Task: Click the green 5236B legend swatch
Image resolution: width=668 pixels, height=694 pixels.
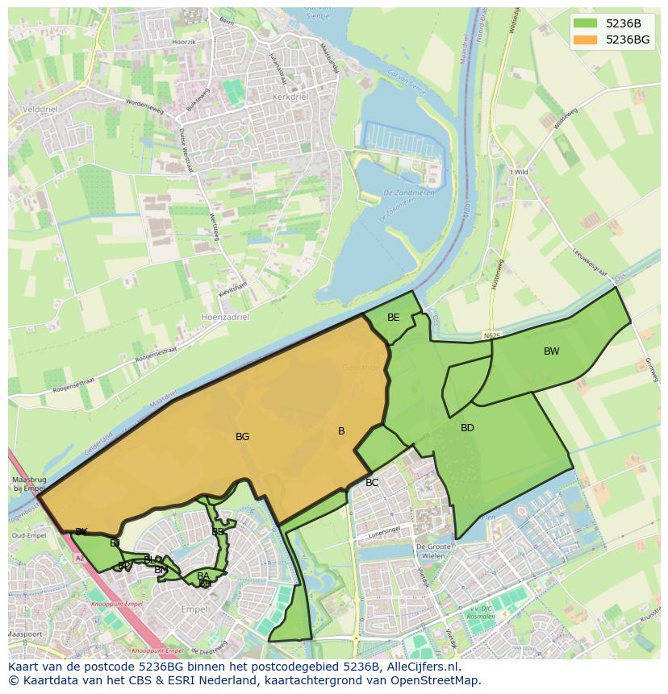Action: (585, 23)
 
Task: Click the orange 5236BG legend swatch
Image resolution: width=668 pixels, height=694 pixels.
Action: (585, 39)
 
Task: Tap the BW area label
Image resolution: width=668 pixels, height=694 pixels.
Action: (551, 351)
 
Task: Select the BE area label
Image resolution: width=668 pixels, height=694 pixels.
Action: (393, 318)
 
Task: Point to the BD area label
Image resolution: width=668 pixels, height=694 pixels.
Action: (467, 428)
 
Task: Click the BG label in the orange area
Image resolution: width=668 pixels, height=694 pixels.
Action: (242, 437)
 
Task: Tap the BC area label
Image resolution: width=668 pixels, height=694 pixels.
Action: (371, 483)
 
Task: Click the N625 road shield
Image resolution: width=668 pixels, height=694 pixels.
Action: (492, 333)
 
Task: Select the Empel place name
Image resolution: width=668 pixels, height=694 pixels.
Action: (194, 609)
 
